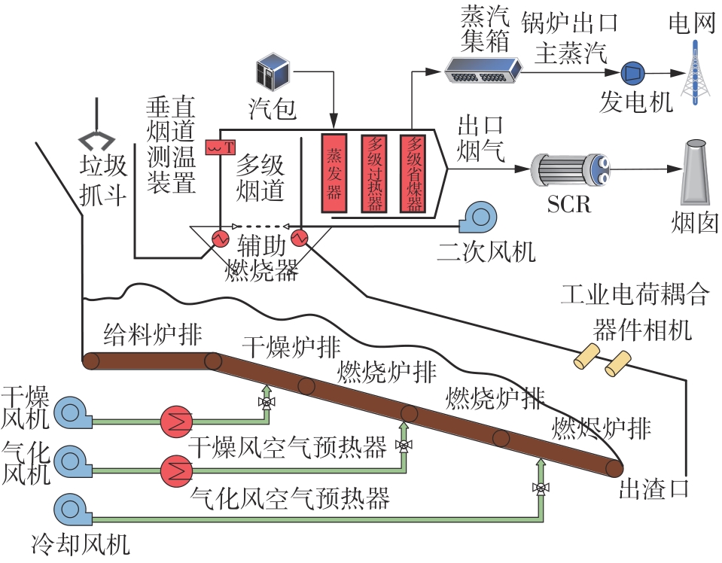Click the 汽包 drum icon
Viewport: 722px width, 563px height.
[x=273, y=72]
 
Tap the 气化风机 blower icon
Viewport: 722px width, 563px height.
[x=71, y=461]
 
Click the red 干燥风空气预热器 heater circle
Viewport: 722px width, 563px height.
[x=177, y=418]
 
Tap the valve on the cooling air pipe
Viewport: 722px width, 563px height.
[x=540, y=488]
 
